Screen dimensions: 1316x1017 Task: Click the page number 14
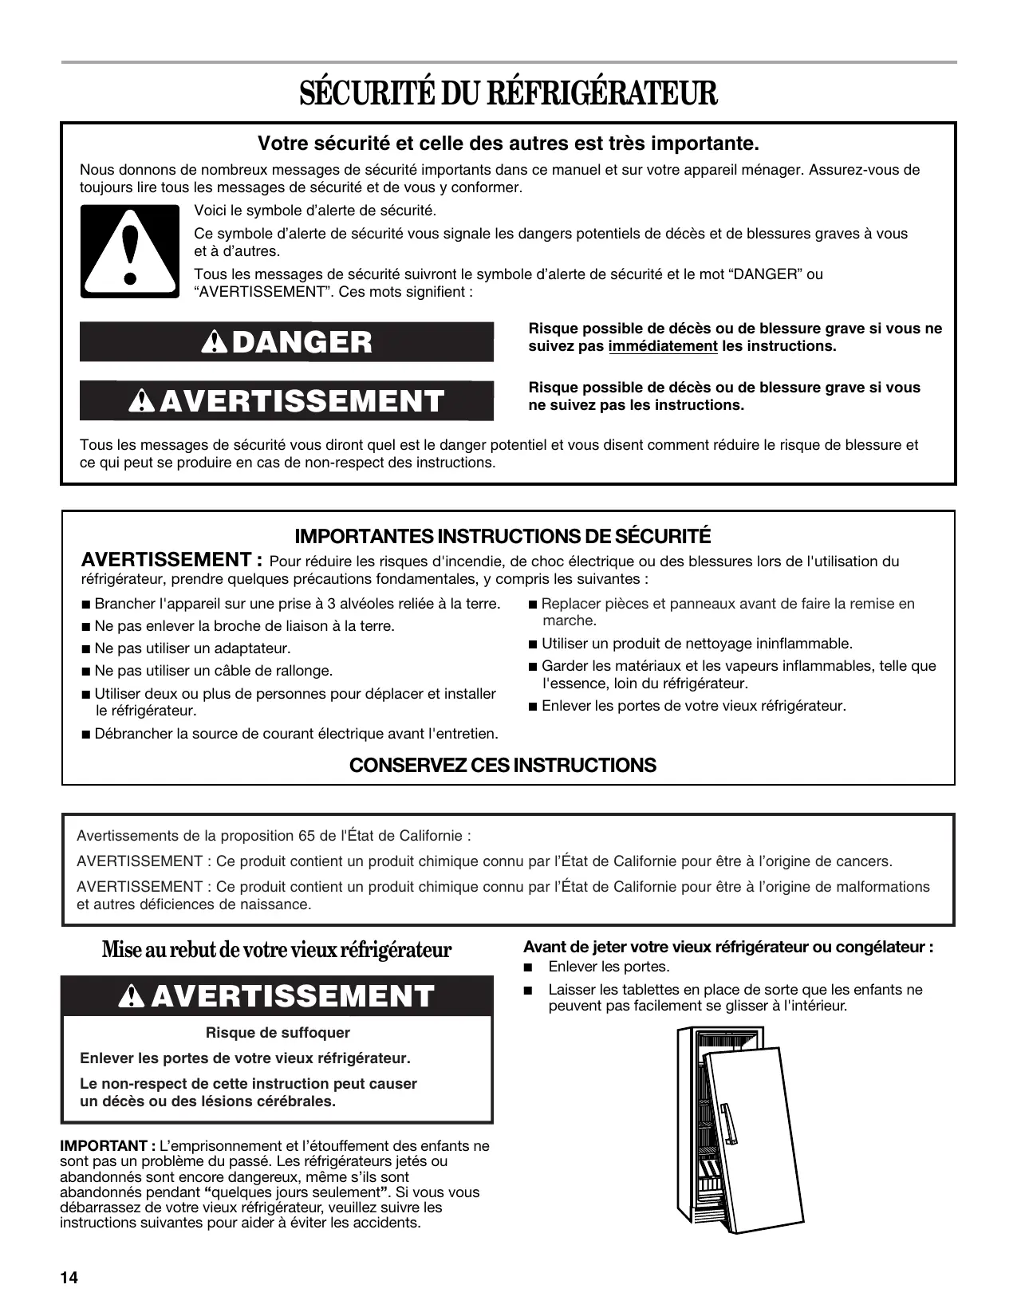(x=69, y=1277)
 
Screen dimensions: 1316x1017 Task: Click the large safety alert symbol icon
(x=130, y=252)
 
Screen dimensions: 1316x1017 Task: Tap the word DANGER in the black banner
(x=302, y=342)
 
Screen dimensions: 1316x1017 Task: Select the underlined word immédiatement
(x=663, y=346)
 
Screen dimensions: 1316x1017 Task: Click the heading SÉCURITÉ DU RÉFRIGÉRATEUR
(x=508, y=93)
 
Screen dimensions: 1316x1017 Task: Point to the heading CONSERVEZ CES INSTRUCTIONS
(x=503, y=765)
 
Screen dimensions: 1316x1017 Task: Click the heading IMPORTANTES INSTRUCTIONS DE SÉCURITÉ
(x=503, y=535)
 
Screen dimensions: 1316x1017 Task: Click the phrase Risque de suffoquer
(x=278, y=1033)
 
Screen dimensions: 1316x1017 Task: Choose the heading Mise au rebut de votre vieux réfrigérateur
(x=277, y=950)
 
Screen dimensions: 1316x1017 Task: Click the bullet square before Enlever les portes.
(x=527, y=967)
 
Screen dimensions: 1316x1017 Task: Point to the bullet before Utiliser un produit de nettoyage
(x=533, y=644)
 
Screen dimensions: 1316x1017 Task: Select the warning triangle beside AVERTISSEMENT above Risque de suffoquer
(x=130, y=996)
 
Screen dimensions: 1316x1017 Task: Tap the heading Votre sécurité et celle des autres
(x=508, y=144)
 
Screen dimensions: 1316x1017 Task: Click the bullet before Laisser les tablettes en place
(x=527, y=991)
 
